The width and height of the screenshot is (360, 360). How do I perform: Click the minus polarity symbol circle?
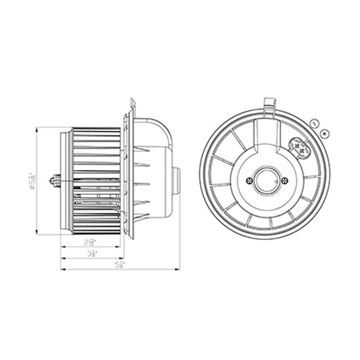pos(315,124)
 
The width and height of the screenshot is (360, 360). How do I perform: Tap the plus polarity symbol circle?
pos(324,132)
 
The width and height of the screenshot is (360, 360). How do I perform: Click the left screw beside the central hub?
pos(250,181)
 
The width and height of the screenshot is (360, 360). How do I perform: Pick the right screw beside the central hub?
pos(285,181)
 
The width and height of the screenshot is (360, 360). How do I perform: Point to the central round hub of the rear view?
pos(267,180)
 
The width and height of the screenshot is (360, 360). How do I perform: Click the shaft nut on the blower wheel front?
pos(57,181)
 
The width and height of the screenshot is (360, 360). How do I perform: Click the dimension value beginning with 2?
pos(92,241)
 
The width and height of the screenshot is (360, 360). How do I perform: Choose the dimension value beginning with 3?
pos(92,253)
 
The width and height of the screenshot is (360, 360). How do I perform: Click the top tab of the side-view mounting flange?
pos(132,104)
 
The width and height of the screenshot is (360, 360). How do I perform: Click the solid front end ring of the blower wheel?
pos(66,181)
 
